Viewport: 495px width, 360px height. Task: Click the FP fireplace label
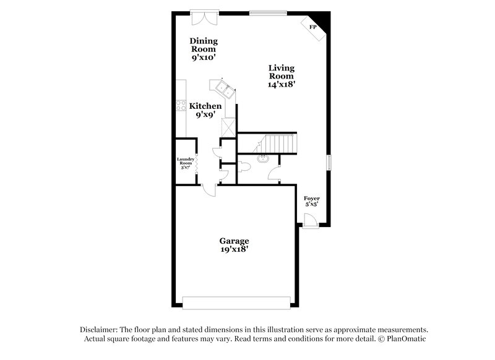[313, 28]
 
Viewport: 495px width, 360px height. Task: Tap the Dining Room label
[204, 45]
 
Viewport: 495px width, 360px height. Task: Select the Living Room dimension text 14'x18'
[282, 85]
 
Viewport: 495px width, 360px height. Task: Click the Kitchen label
[205, 106]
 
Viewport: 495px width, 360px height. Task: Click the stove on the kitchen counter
[181, 106]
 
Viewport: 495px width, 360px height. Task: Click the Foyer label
[312, 199]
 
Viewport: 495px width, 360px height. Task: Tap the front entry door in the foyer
[311, 221]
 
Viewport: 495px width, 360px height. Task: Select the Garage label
[234, 241]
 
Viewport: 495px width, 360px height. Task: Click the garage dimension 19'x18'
[234, 249]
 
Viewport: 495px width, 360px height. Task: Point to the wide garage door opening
[237, 302]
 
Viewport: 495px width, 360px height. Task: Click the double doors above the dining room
[204, 18]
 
